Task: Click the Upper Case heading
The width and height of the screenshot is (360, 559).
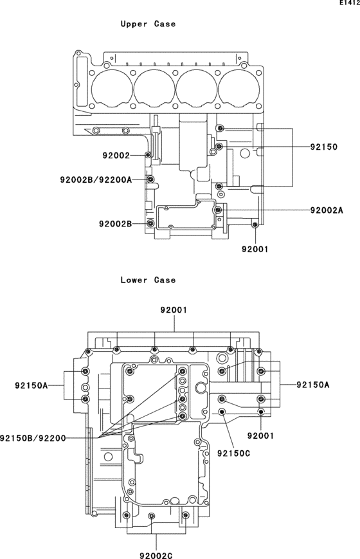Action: (x=148, y=24)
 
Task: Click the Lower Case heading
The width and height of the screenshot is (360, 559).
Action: (x=148, y=280)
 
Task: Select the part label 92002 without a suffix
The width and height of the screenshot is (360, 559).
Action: (x=116, y=156)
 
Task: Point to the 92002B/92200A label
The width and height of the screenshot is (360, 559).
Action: (x=96, y=179)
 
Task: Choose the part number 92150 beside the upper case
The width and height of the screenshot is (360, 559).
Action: (x=323, y=147)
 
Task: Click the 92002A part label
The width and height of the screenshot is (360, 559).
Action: (x=327, y=210)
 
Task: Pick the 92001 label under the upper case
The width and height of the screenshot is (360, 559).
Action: (x=255, y=248)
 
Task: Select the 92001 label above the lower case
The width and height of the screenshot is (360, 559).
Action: (x=174, y=310)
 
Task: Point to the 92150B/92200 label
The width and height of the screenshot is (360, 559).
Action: (x=33, y=437)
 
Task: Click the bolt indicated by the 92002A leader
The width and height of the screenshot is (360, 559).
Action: (x=219, y=210)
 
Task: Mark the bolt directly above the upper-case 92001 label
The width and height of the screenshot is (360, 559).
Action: (x=255, y=224)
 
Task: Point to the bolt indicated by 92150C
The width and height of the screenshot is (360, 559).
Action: (x=222, y=412)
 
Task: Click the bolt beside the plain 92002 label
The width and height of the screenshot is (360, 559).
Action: (x=149, y=156)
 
